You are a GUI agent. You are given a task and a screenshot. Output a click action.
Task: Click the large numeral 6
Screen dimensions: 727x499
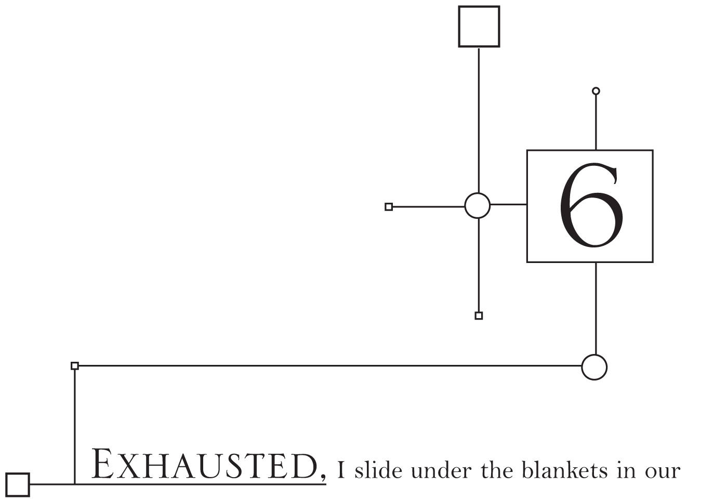tap(591, 205)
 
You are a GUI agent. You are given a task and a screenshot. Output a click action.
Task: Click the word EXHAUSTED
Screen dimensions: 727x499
tap(204, 464)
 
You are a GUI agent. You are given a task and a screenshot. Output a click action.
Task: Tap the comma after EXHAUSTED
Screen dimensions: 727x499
tap(323, 477)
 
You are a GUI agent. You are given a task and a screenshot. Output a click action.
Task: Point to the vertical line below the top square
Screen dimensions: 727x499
tap(479, 121)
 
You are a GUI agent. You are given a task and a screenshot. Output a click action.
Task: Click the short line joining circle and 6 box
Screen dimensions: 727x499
tap(508, 204)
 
